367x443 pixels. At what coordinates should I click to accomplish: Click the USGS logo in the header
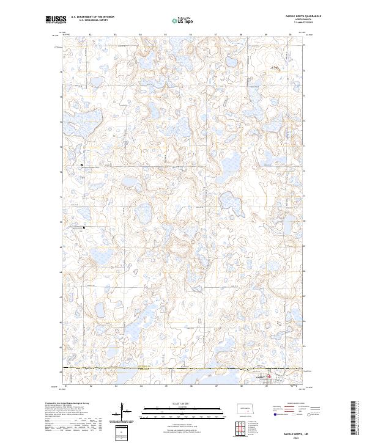pyautogui.click(x=54, y=19)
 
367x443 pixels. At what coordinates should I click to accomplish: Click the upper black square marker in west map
pyautogui.click(x=82, y=165)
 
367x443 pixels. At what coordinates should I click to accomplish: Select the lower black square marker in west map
pyautogui.click(x=84, y=227)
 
